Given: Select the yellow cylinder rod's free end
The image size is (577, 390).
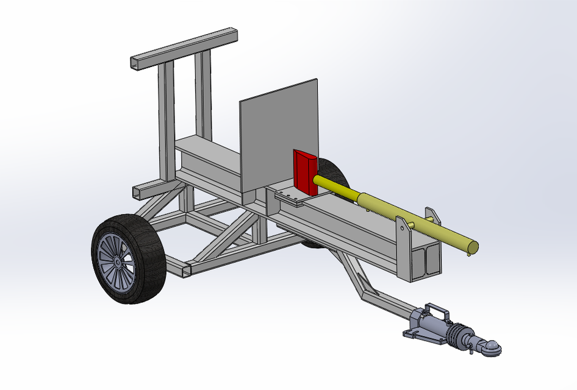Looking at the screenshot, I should click(x=470, y=247).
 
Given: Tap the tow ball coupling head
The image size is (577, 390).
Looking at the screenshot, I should click(x=492, y=348).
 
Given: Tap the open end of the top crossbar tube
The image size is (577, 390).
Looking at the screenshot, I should click(x=136, y=63).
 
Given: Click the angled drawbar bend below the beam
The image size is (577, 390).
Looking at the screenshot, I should click(x=360, y=286).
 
